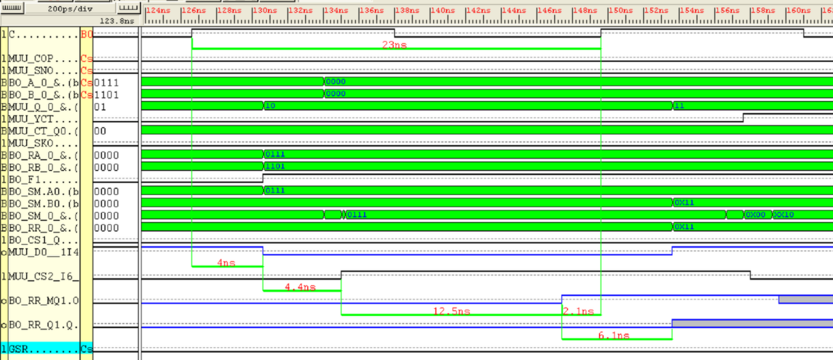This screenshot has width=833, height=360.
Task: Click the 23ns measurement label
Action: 394,44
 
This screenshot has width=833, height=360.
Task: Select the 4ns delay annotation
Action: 226,263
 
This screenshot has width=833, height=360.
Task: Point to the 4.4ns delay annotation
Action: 299,287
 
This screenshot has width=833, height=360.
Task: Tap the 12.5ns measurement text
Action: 452,311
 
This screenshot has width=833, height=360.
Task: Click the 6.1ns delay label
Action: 614,335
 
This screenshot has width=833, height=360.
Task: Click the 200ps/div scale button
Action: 70,9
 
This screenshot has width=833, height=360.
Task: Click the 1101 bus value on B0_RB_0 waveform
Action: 276,166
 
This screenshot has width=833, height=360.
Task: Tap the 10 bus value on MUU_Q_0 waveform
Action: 271,106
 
